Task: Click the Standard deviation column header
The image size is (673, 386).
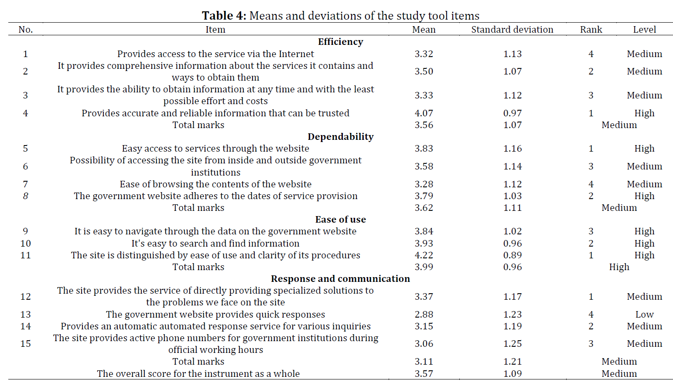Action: pyautogui.click(x=512, y=30)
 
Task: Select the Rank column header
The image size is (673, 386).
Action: pyautogui.click(x=591, y=30)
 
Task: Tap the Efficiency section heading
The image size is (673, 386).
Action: pyautogui.click(x=340, y=42)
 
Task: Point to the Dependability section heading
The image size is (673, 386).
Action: pyautogui.click(x=340, y=136)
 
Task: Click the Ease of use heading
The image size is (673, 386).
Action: pyautogui.click(x=340, y=220)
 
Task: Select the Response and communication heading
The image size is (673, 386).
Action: pyautogui.click(x=340, y=278)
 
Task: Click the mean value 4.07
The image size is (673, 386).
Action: pyautogui.click(x=424, y=113)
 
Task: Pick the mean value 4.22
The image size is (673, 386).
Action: pyautogui.click(x=424, y=255)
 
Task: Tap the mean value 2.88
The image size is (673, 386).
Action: pyautogui.click(x=424, y=314)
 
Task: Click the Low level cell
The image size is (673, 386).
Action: pyautogui.click(x=645, y=314)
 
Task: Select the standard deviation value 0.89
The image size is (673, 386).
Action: pyautogui.click(x=512, y=255)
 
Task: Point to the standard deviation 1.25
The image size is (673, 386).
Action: pyautogui.click(x=512, y=343)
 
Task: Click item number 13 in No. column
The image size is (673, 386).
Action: pyautogui.click(x=26, y=314)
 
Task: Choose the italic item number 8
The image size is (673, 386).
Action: pyautogui.click(x=26, y=196)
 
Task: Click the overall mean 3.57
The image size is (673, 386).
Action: pyautogui.click(x=424, y=374)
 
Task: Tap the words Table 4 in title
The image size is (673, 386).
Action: pyautogui.click(x=224, y=16)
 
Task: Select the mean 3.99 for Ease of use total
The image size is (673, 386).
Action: pyautogui.click(x=424, y=267)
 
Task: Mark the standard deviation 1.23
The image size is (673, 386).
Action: pyautogui.click(x=512, y=314)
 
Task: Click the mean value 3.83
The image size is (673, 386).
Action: pyautogui.click(x=424, y=149)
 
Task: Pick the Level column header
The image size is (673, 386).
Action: pyautogui.click(x=645, y=30)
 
